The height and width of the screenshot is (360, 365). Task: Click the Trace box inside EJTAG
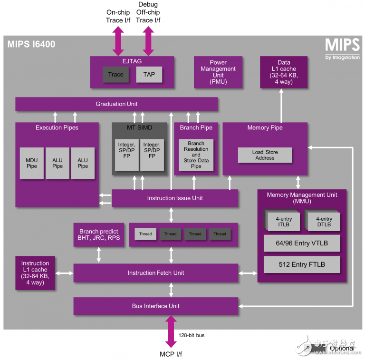[115, 74]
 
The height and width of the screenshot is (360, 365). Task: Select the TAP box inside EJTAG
[149, 74]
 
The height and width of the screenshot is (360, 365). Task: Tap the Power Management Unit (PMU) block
[218, 72]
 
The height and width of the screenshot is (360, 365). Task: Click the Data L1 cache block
[283, 72]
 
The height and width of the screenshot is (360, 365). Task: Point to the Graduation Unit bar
[116, 104]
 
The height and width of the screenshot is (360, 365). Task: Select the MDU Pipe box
[31, 163]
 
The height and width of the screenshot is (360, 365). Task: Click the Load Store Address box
[265, 155]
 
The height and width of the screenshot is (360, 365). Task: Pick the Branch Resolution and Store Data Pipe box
[196, 155]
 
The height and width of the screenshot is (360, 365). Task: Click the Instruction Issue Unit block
[175, 198]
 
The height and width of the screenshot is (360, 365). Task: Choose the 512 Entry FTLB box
[302, 264]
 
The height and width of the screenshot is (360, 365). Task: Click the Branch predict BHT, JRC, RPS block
[99, 234]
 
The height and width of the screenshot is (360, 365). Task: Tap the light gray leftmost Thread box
[145, 234]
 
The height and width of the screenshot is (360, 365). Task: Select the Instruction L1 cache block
[35, 272]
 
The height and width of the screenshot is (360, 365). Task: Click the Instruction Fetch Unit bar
[155, 273]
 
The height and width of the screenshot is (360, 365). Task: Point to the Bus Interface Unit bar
[155, 306]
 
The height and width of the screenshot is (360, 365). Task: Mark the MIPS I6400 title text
[31, 45]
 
